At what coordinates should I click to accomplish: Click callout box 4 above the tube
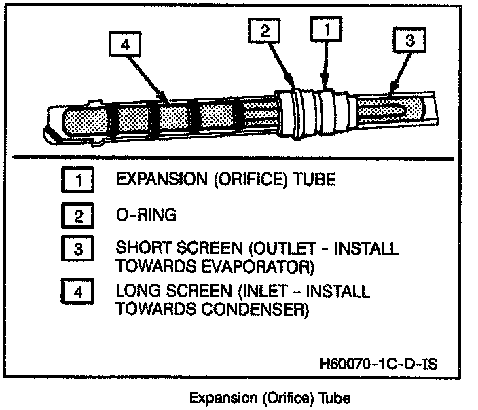(x=124, y=45)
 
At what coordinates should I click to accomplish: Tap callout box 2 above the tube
(x=265, y=31)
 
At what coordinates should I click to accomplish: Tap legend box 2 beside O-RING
(x=80, y=216)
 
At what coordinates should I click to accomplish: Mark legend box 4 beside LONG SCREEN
(x=80, y=295)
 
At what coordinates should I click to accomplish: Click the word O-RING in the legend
(x=147, y=215)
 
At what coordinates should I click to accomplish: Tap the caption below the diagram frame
(x=270, y=397)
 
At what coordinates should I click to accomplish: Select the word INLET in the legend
(x=268, y=293)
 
